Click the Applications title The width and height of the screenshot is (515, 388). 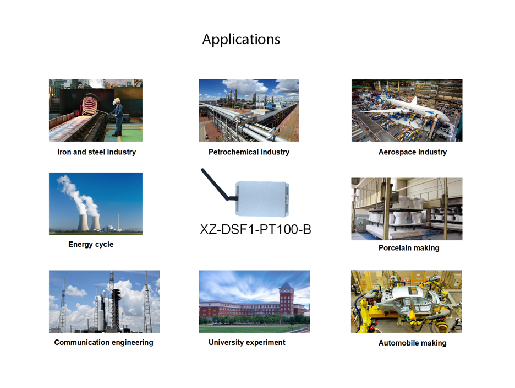(241, 40)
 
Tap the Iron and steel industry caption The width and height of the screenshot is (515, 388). (97, 152)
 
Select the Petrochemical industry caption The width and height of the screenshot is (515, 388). (249, 152)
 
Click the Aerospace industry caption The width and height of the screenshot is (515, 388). (413, 152)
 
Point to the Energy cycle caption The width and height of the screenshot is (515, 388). (91, 245)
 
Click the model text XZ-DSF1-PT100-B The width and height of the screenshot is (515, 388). (255, 229)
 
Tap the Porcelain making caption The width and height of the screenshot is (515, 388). (409, 248)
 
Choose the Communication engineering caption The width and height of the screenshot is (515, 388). (104, 343)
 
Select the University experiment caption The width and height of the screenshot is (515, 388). (247, 343)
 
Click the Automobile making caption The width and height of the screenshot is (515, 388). (413, 343)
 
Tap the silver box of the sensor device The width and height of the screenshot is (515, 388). (262, 198)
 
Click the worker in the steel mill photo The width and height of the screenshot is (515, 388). (118, 117)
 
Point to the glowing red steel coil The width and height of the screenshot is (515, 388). (89, 104)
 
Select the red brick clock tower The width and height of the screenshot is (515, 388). (286, 298)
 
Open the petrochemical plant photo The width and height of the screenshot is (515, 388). (249, 110)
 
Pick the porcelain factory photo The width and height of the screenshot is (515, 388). (407, 209)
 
